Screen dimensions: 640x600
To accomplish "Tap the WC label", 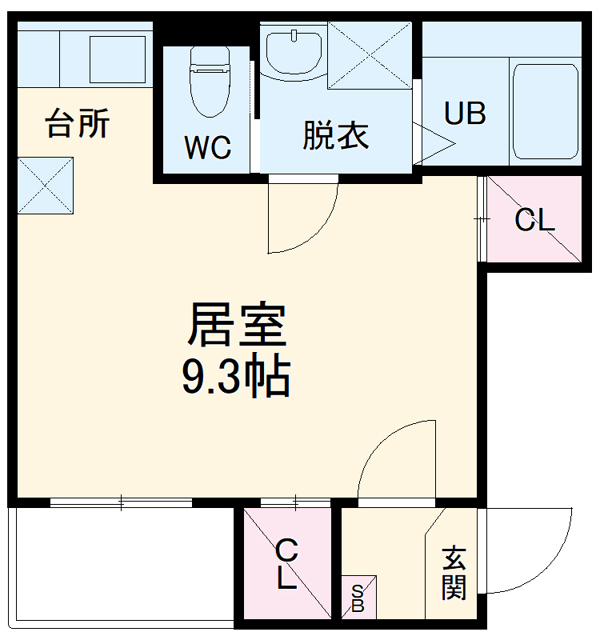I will pos(207,147).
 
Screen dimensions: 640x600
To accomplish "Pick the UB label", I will pos(465,114).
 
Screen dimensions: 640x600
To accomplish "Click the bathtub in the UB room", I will pos(545,111).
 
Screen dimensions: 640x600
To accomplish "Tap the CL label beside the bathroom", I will pos(534,220).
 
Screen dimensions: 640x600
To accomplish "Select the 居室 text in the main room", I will pos(237,324).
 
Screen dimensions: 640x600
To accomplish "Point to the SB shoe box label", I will pos(358,598).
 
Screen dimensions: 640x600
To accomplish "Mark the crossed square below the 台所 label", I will pos(45,186).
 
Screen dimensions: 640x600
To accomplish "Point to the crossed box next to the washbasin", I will pos(369,54).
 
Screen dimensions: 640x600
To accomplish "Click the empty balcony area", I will pos(120,564).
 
